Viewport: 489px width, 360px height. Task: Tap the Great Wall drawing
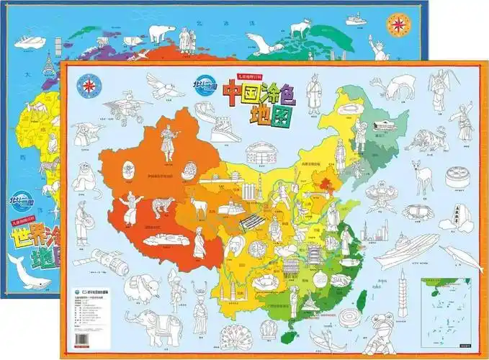point(224,125)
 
